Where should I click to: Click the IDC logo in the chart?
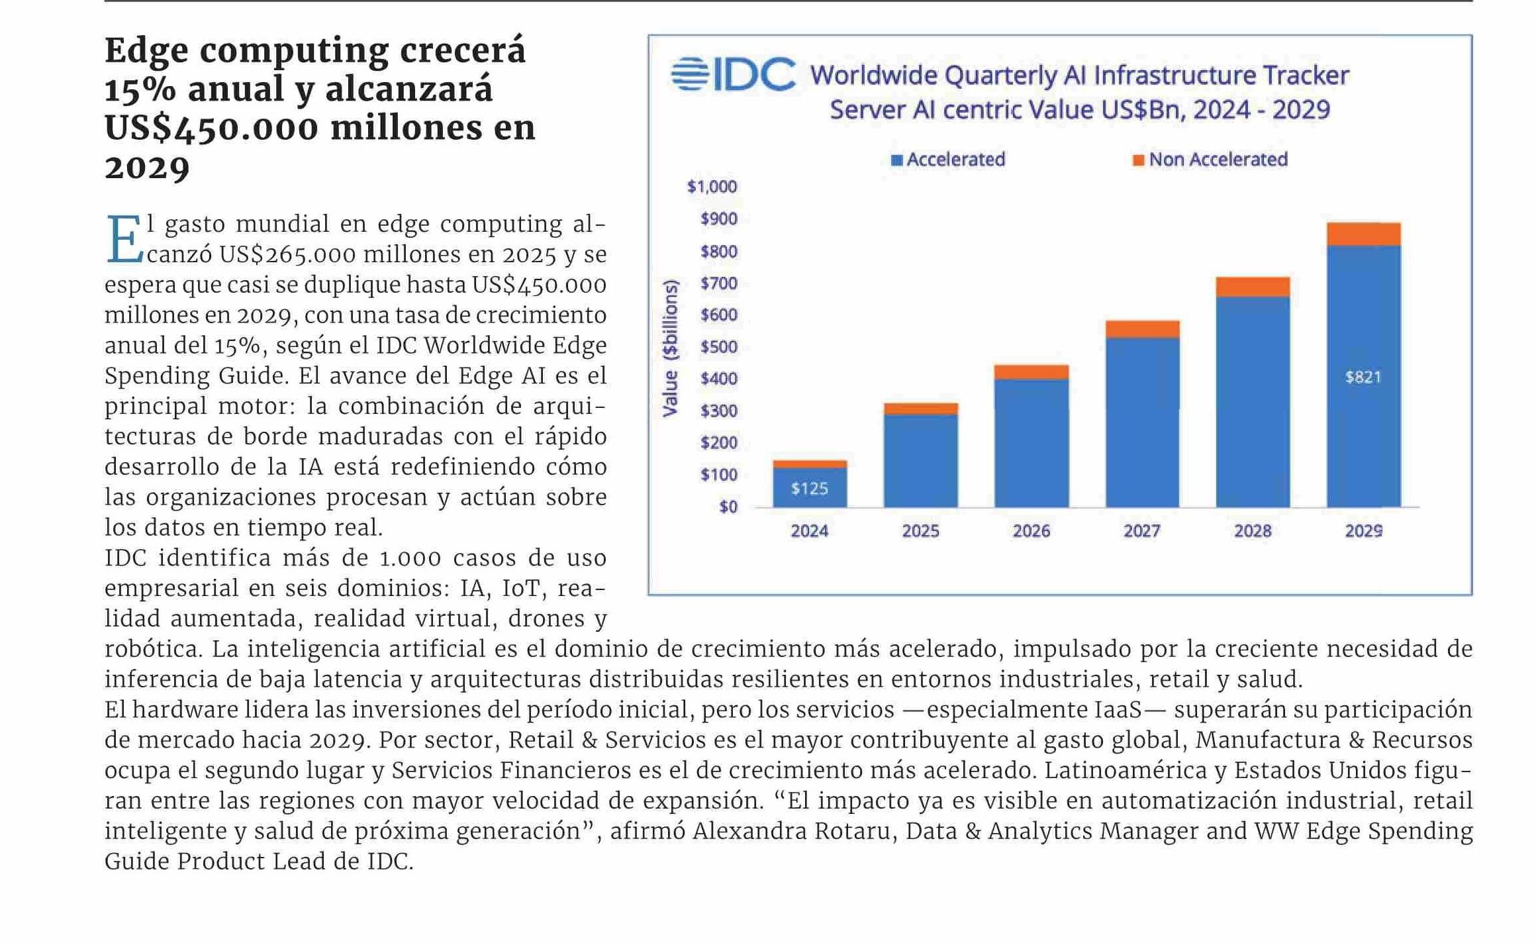click(x=733, y=74)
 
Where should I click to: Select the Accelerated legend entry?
click(x=948, y=160)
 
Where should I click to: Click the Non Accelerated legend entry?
click(x=1210, y=160)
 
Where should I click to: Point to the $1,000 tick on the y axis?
click(x=712, y=187)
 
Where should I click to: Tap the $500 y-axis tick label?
click(x=718, y=347)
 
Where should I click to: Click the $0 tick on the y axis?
click(x=728, y=507)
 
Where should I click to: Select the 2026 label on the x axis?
click(x=1031, y=531)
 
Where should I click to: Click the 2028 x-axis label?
click(x=1252, y=531)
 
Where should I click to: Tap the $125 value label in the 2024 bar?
click(x=809, y=489)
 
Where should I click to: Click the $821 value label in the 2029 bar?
click(x=1363, y=377)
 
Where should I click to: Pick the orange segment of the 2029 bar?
click(x=1363, y=234)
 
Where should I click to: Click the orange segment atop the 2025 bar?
click(x=920, y=409)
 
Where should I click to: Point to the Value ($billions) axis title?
click(x=670, y=348)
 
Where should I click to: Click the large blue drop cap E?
click(x=124, y=239)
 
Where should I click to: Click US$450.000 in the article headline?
click(x=211, y=128)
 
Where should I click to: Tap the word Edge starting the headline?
click(x=146, y=50)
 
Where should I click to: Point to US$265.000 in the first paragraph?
click(x=288, y=254)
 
